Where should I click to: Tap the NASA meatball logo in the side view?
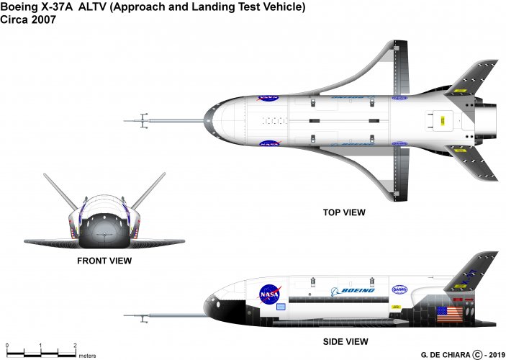(x=270, y=294)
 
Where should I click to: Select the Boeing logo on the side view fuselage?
(x=353, y=290)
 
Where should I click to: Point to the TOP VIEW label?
(x=344, y=212)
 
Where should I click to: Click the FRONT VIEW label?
(x=104, y=261)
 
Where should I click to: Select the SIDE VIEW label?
(x=347, y=341)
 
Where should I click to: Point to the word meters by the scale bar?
(x=88, y=356)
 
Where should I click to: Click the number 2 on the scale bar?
(x=76, y=346)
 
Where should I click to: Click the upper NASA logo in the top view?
(x=268, y=95)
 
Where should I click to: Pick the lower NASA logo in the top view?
(x=268, y=145)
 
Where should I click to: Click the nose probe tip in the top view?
(x=127, y=120)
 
